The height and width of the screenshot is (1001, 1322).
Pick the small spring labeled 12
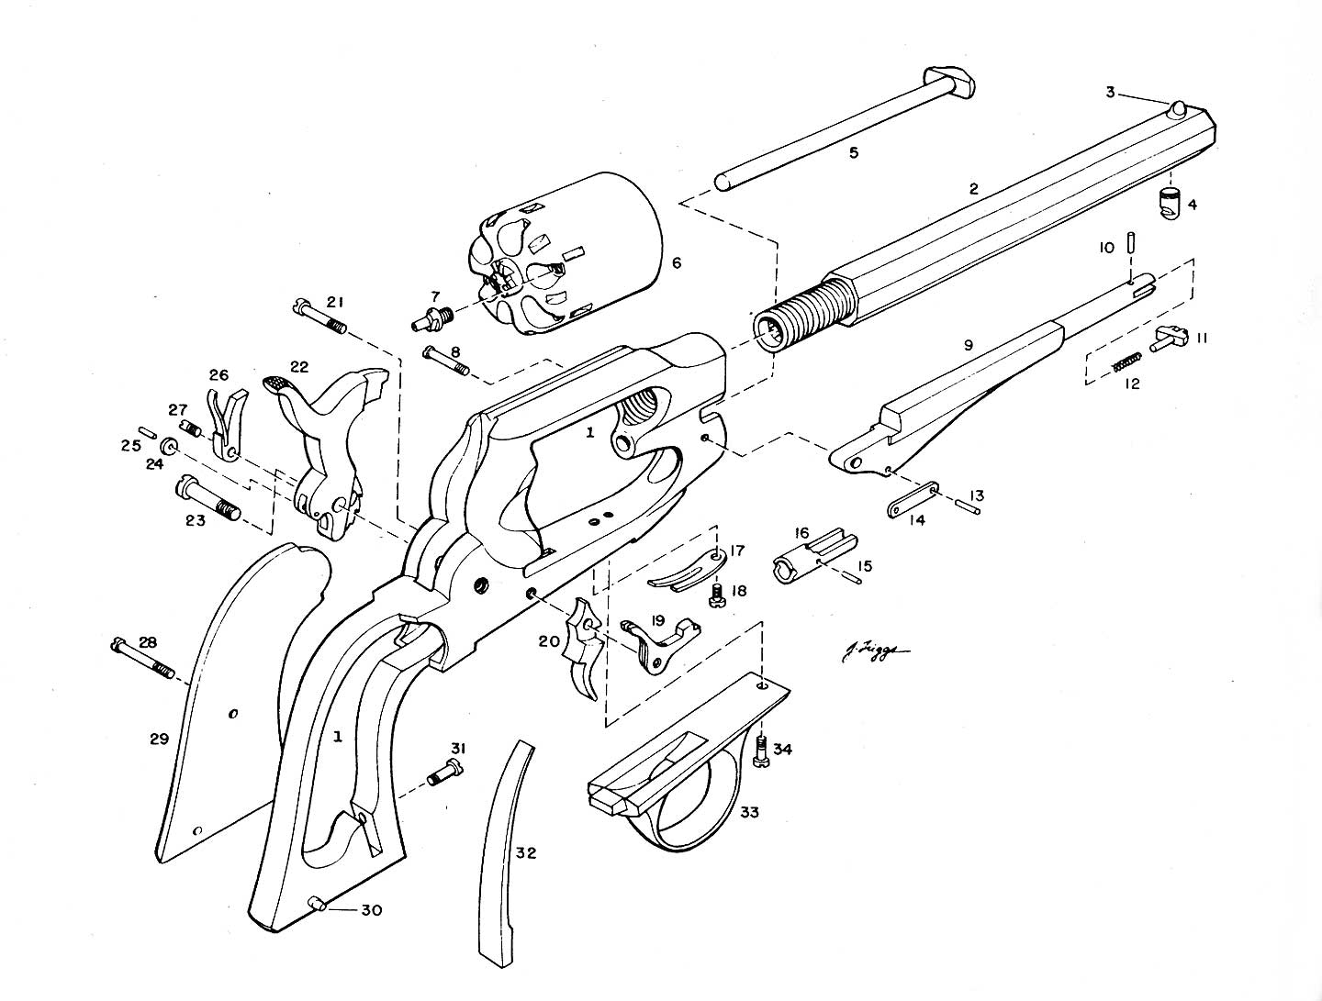(1126, 362)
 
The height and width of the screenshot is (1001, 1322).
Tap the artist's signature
(873, 651)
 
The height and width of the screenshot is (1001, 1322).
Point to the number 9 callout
(968, 346)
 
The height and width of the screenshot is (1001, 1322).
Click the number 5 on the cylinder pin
(853, 152)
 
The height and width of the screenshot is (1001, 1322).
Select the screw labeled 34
(762, 752)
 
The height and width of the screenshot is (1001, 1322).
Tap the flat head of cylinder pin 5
(951, 82)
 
